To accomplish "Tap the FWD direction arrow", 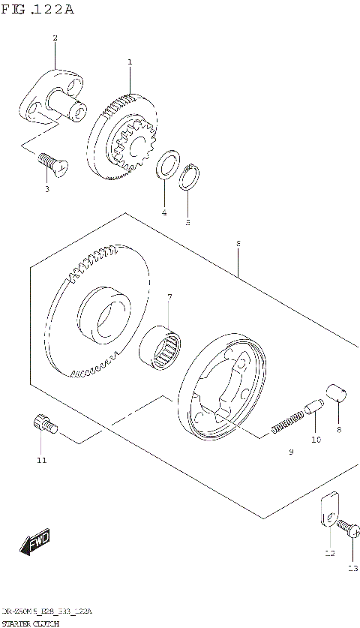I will point(34,542).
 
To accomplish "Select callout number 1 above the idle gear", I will point(129,62).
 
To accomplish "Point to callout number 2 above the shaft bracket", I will point(54,38).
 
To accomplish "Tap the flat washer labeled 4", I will point(166,166).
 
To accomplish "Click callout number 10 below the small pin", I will point(316,440).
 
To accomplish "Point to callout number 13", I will point(353,568).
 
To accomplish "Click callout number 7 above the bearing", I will point(169,297).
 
